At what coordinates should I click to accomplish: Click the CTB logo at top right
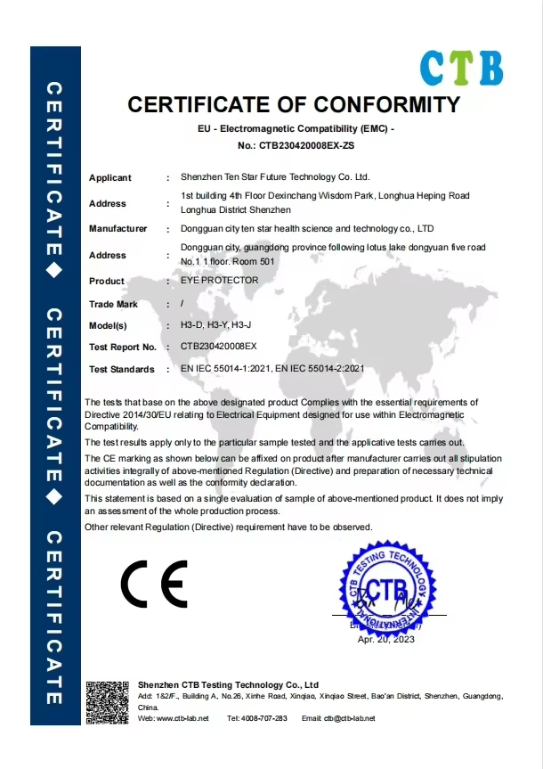tap(461, 68)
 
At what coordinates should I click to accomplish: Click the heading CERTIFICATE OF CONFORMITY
tap(295, 104)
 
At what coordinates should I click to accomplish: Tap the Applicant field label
tap(110, 178)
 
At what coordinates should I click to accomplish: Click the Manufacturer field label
tap(118, 229)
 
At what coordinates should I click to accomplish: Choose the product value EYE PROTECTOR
tap(219, 280)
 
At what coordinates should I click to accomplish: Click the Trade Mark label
tap(114, 305)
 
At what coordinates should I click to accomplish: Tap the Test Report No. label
tap(123, 347)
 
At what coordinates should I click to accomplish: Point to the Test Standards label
tap(122, 369)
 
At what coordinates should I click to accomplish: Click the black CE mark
tap(154, 584)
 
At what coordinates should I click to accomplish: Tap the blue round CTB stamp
tap(386, 590)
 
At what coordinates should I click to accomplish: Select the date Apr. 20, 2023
tap(386, 639)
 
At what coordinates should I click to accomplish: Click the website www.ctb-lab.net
tap(182, 718)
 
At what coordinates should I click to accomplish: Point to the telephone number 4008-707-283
tap(266, 718)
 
